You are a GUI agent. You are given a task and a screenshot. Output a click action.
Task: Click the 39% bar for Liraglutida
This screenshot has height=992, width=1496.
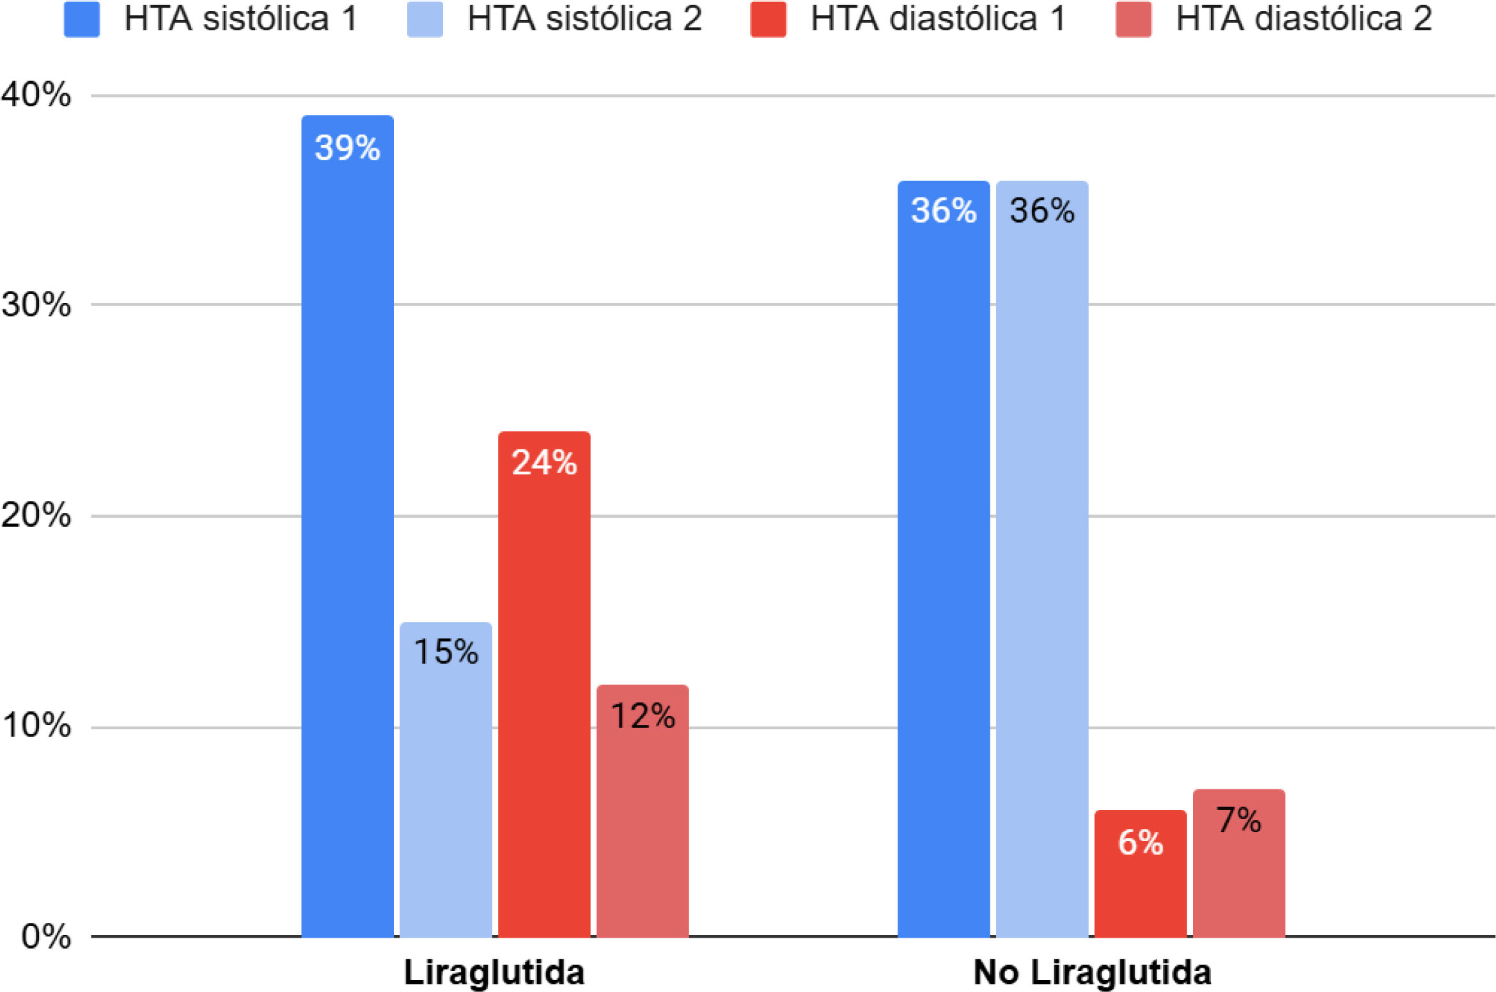tap(347, 524)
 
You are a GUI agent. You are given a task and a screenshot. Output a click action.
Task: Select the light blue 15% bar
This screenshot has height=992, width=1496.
tap(446, 780)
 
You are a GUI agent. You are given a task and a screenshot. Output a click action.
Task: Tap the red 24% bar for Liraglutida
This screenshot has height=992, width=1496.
tap(544, 684)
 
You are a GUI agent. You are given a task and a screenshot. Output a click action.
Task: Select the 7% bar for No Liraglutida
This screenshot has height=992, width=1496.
tap(1238, 863)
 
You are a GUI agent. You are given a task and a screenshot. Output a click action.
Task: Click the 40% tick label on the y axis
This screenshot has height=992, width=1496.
tap(36, 95)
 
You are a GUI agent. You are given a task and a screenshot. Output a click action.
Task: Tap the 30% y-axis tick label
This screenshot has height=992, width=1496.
tap(36, 304)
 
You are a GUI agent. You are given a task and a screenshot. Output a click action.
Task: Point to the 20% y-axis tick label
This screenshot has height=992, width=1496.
tap(36, 515)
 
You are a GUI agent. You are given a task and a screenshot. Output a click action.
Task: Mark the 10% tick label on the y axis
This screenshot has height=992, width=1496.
tap(36, 725)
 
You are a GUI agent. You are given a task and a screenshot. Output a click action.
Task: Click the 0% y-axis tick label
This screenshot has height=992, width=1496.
tap(46, 936)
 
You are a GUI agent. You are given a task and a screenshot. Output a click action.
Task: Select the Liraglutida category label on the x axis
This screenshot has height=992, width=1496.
tap(494, 972)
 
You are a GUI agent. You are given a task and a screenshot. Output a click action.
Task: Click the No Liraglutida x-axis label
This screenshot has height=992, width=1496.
tap(1092, 972)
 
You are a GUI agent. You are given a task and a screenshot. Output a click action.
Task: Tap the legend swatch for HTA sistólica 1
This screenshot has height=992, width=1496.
tap(82, 19)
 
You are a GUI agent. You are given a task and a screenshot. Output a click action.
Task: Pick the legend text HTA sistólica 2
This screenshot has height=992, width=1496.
tap(584, 19)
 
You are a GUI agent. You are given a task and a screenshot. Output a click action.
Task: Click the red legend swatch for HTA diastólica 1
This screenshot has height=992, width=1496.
tap(768, 19)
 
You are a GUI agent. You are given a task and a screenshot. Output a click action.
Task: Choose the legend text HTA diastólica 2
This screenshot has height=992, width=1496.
tap(1304, 19)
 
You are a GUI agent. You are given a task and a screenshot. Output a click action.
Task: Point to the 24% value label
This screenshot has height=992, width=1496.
tap(544, 462)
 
